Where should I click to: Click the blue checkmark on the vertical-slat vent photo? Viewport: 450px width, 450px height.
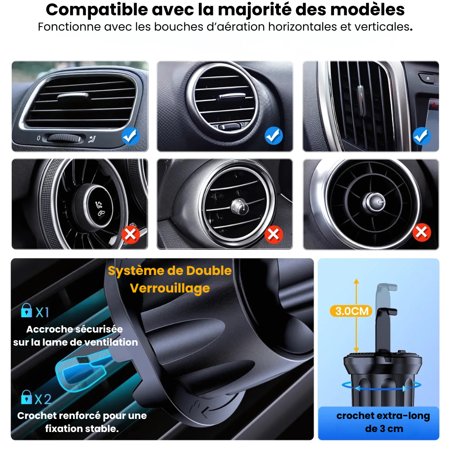point(422,135)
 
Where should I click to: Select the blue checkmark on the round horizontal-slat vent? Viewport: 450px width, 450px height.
point(274,135)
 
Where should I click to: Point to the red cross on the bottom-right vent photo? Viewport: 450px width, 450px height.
point(422,232)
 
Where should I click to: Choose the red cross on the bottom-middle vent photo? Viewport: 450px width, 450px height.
point(274,234)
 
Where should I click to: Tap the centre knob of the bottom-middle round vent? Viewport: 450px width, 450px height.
point(237,206)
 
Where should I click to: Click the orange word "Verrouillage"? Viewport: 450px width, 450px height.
point(170,288)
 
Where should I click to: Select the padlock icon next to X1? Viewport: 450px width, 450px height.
point(27,310)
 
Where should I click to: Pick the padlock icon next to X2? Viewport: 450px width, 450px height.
point(27,397)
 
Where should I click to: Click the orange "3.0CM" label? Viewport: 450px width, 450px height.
point(352,311)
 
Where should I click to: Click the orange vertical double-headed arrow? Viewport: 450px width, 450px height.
point(356,315)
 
